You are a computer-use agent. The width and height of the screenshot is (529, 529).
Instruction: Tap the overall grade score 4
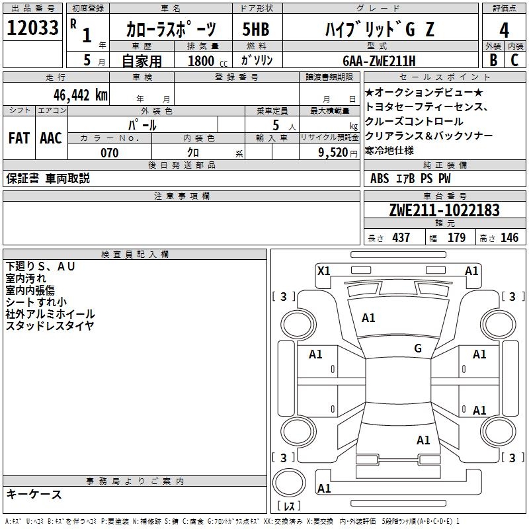click(505, 30)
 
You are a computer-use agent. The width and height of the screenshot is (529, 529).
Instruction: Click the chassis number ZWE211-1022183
click(444, 210)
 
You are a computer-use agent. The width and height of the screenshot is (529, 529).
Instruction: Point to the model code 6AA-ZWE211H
click(379, 61)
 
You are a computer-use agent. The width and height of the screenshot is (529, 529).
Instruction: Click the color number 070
click(110, 153)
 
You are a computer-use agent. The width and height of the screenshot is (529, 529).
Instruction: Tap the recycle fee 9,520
click(333, 153)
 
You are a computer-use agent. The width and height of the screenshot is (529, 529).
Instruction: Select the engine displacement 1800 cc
click(202, 61)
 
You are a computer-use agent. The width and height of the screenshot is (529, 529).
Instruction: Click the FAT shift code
click(19, 138)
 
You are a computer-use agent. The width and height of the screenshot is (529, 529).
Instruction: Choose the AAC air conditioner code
click(51, 138)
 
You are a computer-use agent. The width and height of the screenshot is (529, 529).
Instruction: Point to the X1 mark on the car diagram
click(324, 270)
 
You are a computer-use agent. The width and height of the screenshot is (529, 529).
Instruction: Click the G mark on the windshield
click(418, 348)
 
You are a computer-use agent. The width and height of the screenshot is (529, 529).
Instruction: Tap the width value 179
click(457, 238)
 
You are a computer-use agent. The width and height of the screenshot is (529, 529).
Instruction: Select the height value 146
click(509, 238)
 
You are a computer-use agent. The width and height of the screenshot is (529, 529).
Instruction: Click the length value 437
click(401, 238)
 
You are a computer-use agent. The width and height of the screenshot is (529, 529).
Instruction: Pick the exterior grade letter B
click(493, 61)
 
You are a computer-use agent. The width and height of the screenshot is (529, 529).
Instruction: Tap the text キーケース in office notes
click(34, 494)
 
